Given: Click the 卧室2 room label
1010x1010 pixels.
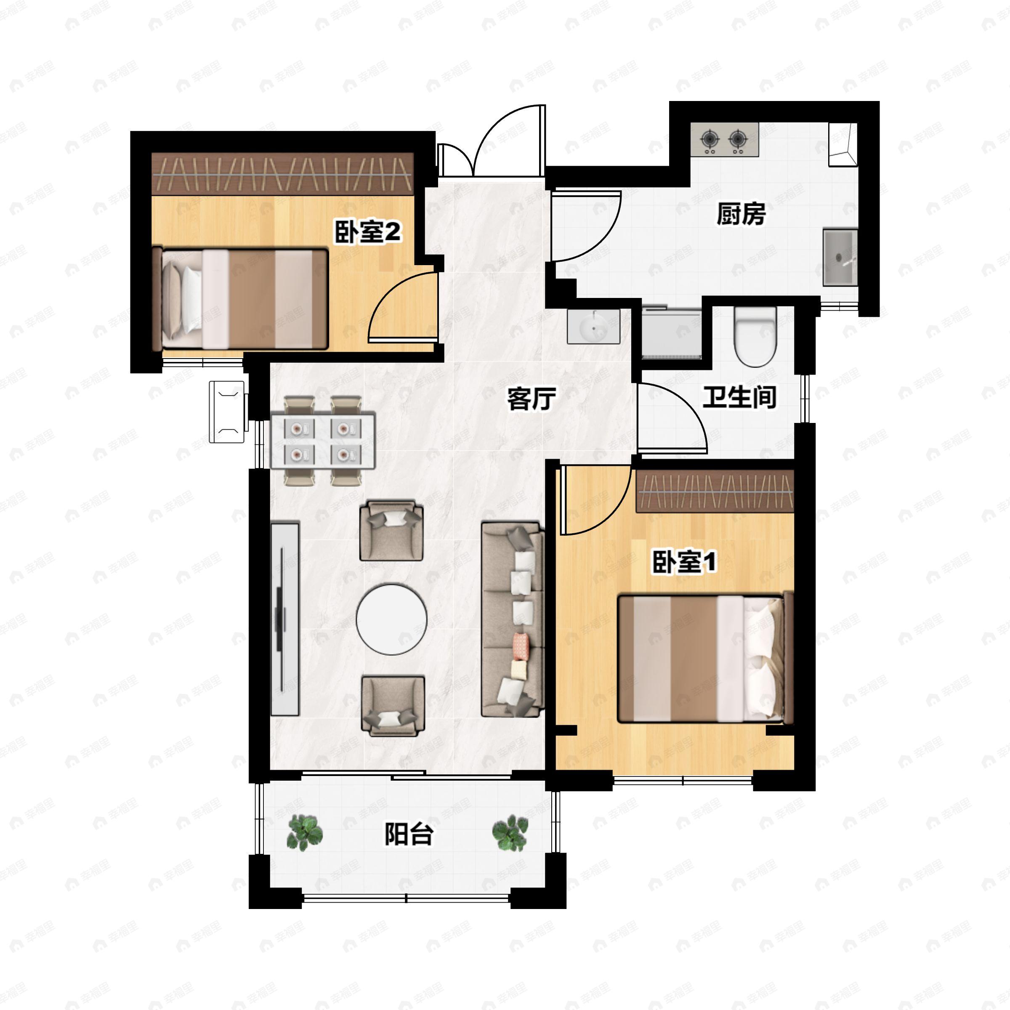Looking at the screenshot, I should [x=367, y=231].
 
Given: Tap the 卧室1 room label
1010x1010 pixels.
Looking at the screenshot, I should [x=684, y=562].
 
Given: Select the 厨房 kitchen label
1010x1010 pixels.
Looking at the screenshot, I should [x=741, y=214].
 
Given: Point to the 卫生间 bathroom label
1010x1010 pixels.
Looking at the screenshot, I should [x=739, y=397].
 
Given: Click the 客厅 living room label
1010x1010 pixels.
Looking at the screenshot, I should [x=531, y=399].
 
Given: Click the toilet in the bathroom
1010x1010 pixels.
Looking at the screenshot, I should [x=755, y=336].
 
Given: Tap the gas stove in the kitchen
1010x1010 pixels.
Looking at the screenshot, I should [x=724, y=140].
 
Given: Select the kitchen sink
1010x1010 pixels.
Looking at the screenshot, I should [x=839, y=257].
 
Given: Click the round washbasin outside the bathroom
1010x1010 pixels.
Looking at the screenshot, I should [x=593, y=327].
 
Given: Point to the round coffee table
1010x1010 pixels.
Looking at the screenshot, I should [x=391, y=619].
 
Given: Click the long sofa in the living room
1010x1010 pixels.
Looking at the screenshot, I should [x=512, y=619].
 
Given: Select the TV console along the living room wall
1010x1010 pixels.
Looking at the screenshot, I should [x=285, y=619].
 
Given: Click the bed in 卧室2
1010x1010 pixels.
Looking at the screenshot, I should [x=240, y=299].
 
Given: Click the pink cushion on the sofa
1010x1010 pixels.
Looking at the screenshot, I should [x=521, y=646].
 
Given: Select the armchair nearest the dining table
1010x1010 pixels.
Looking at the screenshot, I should [x=391, y=530].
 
